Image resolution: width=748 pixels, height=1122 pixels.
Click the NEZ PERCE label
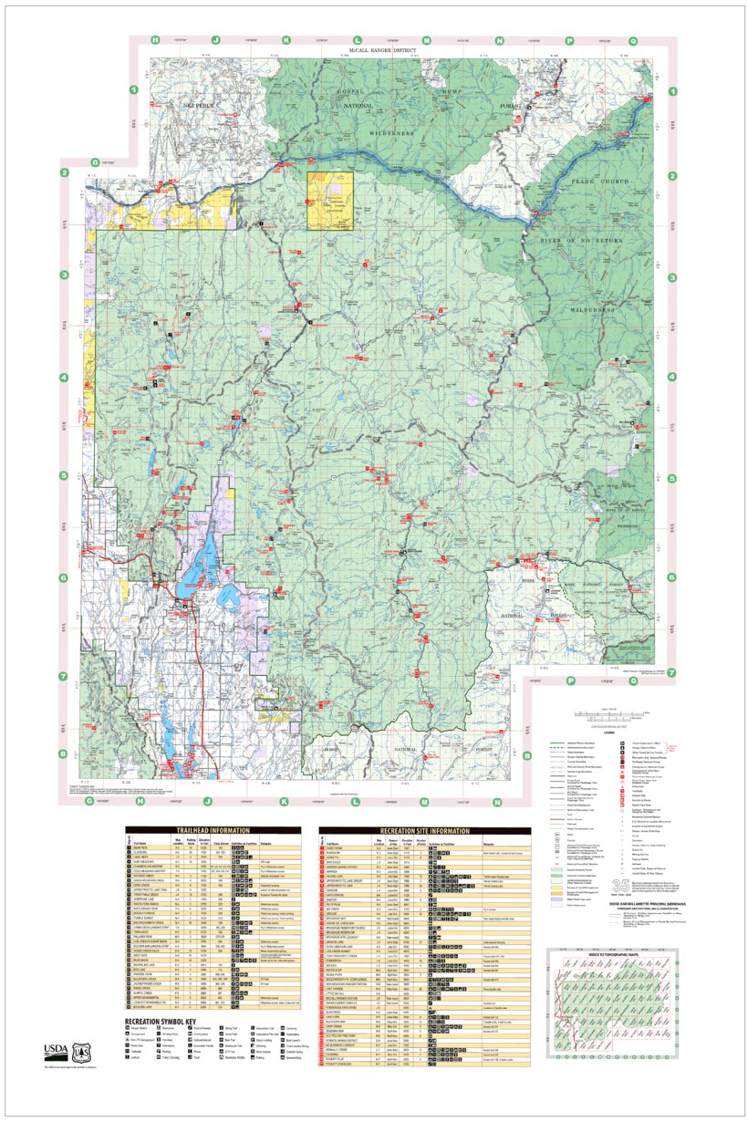coord(198,107)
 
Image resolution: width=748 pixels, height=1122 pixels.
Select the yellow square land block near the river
coord(329,199)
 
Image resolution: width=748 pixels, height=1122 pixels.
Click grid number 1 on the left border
coord(133,89)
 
